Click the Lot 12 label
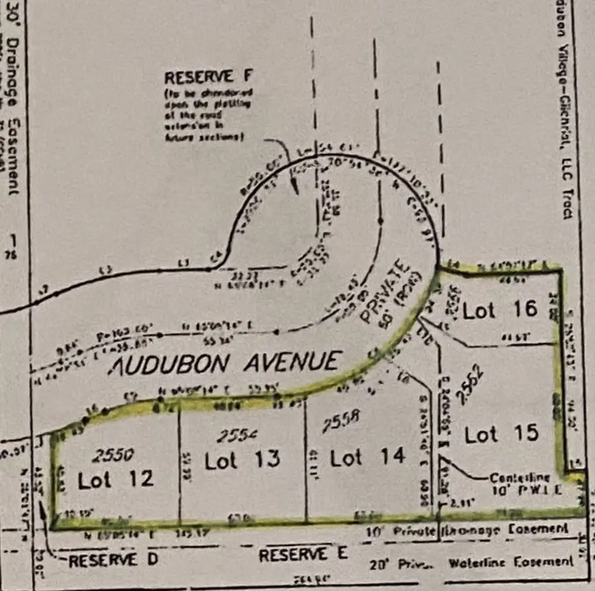click(x=116, y=479)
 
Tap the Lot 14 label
click(x=368, y=457)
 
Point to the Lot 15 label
click(x=501, y=434)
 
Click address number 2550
click(x=114, y=454)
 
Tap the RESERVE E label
click(x=303, y=555)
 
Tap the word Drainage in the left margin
click(x=11, y=73)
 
